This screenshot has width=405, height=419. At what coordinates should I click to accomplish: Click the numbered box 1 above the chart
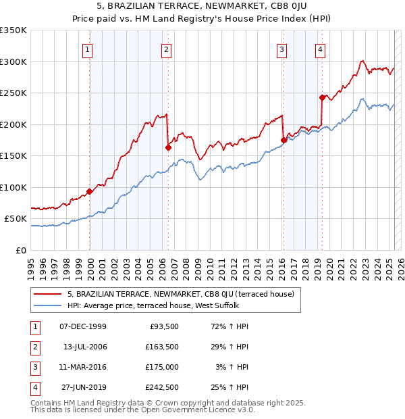88,49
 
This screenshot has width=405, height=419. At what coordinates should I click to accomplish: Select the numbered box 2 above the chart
166,49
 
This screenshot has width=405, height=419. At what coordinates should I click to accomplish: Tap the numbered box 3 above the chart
281,49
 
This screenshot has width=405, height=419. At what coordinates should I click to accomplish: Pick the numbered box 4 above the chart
320,49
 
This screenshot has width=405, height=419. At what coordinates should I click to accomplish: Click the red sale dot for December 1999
90,191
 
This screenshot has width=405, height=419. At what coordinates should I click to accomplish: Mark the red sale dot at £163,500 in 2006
168,147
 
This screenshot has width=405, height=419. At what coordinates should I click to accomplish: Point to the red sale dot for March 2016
283,141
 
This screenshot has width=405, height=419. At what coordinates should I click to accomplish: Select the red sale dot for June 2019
323,97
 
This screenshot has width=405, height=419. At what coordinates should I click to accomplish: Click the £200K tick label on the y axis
13,124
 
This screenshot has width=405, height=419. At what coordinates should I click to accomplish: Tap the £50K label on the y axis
16,219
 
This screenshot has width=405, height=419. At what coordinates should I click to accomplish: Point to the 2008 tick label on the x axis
185,264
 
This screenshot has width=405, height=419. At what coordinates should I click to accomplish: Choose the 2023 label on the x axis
365,264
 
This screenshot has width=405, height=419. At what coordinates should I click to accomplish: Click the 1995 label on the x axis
30,264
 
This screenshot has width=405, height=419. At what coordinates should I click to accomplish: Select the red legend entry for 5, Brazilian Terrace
180,294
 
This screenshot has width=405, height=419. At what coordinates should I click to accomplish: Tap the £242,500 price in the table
162,387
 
